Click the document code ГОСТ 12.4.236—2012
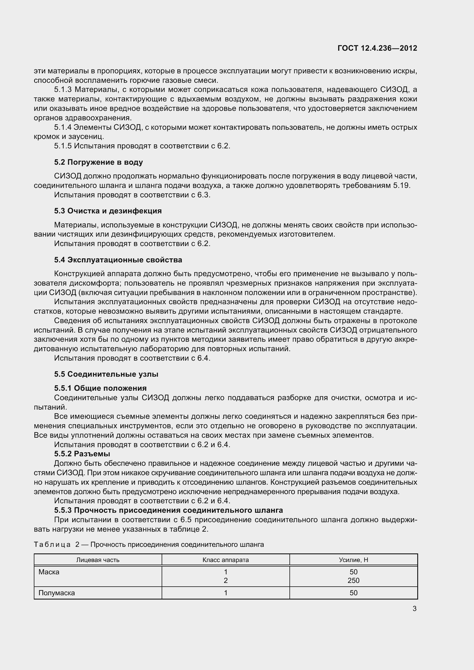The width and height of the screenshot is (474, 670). [x=377, y=48]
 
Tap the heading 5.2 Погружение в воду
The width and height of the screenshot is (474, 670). [x=98, y=162]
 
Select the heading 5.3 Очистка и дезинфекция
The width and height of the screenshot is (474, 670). [x=108, y=211]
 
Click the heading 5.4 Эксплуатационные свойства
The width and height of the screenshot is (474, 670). [x=118, y=260]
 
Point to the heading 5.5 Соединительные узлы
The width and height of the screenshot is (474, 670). [x=106, y=374]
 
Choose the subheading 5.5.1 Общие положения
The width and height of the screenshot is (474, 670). [x=100, y=388]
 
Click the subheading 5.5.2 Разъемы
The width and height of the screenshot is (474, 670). [x=82, y=454]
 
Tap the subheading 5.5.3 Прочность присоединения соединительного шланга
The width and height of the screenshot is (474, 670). [x=169, y=510]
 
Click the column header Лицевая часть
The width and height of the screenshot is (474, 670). [x=98, y=560]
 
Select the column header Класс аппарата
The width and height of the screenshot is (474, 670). [x=226, y=560]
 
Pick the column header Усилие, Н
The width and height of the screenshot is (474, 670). [x=353, y=560]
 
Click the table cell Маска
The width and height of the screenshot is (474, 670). [x=49, y=572]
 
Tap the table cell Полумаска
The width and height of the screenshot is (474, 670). [x=57, y=593]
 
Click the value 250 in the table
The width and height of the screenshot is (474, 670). [x=353, y=580]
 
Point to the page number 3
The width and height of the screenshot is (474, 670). [x=414, y=609]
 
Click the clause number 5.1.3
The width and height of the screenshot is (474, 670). [x=63, y=90]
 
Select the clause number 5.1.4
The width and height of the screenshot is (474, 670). [x=63, y=127]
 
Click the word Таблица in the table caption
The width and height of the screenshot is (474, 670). [x=52, y=545]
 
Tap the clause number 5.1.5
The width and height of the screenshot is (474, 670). [x=63, y=146]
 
